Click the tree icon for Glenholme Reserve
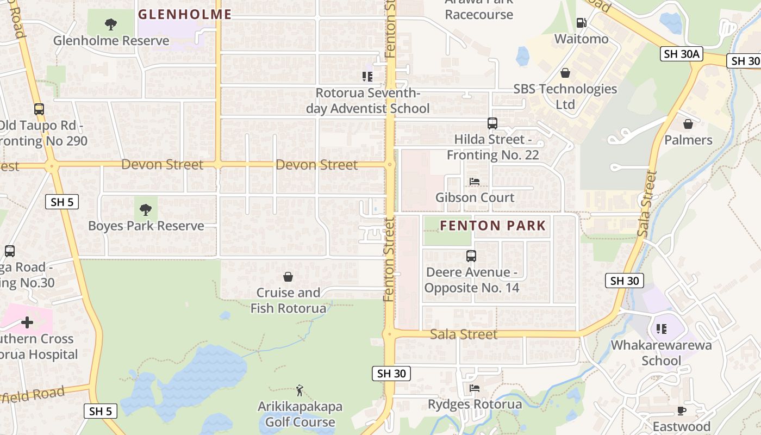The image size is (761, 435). (x=111, y=24)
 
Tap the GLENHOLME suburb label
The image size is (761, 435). (x=185, y=15)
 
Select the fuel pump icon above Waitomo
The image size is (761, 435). (x=581, y=23)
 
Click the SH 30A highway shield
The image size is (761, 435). (x=682, y=53)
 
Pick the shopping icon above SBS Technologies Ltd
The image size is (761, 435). (x=565, y=73)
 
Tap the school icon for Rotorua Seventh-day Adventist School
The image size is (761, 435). (x=367, y=77)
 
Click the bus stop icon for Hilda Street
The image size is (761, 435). (x=492, y=123)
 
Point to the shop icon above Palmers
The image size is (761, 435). (x=688, y=124)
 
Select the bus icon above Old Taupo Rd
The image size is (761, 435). (x=39, y=109)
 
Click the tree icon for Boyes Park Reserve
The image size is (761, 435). (x=146, y=210)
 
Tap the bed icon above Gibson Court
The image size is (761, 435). (x=475, y=182)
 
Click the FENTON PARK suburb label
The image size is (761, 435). (x=492, y=226)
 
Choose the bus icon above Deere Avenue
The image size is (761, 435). (x=471, y=256)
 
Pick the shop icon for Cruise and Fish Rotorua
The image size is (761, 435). (x=288, y=277)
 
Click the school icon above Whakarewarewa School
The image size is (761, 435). (x=661, y=328)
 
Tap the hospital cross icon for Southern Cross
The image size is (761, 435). (x=27, y=322)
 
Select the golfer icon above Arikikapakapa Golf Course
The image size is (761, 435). (x=300, y=390)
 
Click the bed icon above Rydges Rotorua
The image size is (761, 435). (x=475, y=388)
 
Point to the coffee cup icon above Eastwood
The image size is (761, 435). (x=681, y=411)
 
